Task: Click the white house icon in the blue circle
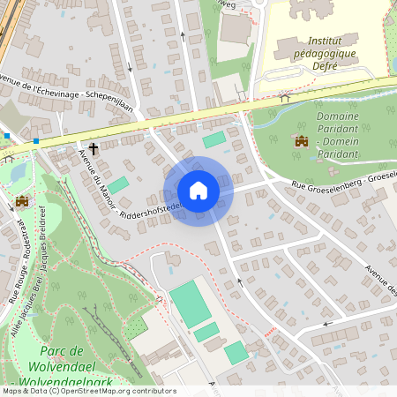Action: (198, 191)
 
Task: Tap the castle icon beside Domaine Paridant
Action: (302, 141)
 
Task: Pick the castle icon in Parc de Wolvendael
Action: (22, 201)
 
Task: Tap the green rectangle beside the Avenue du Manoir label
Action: (117, 185)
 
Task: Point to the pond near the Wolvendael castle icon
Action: (17, 171)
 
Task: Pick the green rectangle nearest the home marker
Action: (214, 139)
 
